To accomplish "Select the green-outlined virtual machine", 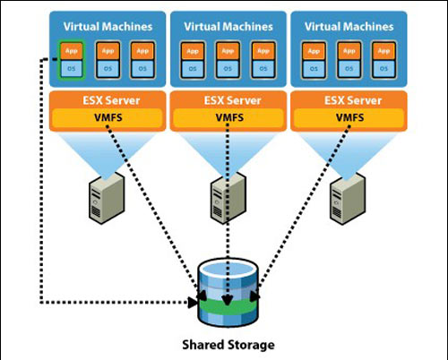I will point(73,59).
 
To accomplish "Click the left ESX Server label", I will point(107,98).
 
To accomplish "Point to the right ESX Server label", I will point(348,98).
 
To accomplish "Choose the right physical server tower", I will point(345,193).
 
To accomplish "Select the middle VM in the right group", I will point(349,59).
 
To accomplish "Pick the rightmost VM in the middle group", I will point(261,59).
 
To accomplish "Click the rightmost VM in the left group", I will point(140,59).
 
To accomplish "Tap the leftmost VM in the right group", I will point(314,59).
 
